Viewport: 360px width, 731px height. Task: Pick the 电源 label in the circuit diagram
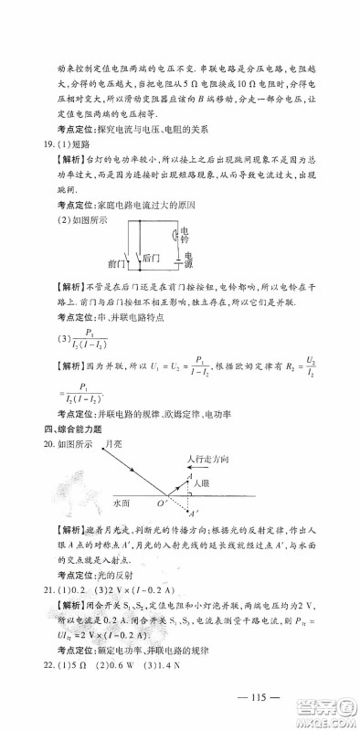point(188,261)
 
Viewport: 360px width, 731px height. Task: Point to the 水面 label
point(122,502)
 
